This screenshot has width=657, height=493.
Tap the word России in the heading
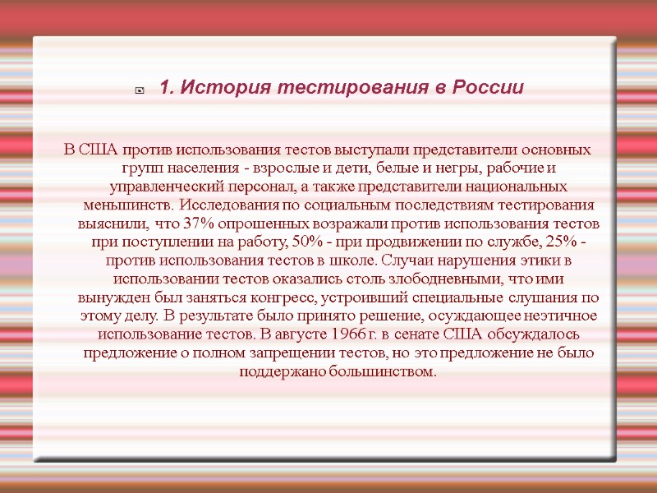pos(489,87)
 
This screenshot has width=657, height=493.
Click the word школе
pos(355,260)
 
